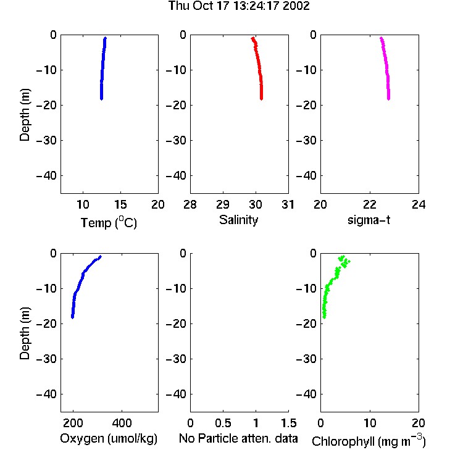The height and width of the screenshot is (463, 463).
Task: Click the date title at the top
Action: tap(239, 6)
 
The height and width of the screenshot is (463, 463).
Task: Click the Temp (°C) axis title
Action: tap(109, 222)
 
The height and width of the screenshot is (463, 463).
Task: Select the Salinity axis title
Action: tap(238, 220)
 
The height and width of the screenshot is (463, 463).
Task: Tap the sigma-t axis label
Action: tap(369, 220)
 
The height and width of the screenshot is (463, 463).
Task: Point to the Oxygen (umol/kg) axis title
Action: tap(109, 438)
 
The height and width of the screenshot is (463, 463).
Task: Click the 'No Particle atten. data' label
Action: tap(238, 438)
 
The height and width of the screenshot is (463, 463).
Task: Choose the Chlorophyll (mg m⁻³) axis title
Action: tap(369, 441)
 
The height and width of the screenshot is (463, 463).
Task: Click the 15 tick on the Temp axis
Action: tap(120, 204)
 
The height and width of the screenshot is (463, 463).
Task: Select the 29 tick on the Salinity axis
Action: tap(223, 204)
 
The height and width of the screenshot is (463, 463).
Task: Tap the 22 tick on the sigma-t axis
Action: tap(370, 204)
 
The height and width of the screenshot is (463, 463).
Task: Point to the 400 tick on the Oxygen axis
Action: tap(122, 423)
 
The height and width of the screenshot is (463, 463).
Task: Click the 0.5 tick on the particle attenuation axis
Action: tap(223, 423)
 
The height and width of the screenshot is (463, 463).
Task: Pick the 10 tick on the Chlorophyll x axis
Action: tap(370, 423)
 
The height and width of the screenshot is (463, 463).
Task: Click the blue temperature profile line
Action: tap(102, 69)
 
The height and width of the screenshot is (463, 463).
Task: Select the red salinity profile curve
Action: tap(259, 69)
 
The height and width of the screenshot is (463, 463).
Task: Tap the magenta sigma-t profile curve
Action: tap(386, 69)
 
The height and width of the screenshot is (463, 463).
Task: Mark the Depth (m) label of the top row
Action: tap(25, 115)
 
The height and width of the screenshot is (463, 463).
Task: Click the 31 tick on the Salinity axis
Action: tap(288, 204)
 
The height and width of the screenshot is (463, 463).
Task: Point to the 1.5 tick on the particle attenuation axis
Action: tap(288, 423)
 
